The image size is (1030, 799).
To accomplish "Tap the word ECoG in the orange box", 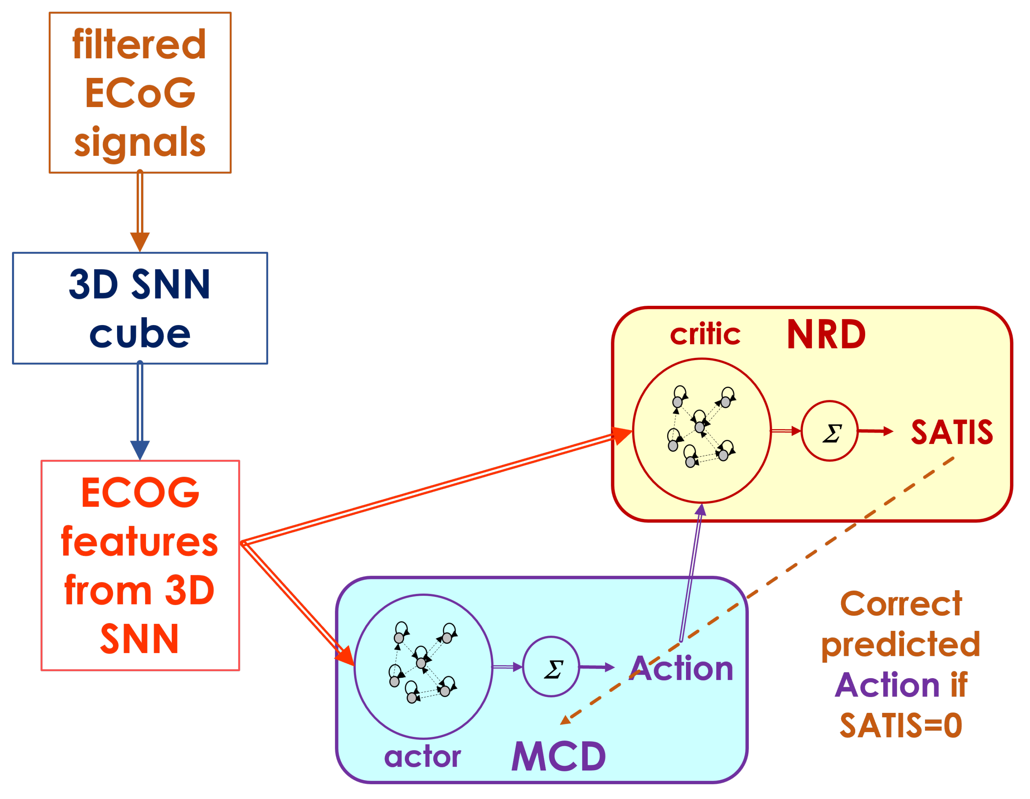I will [140, 93].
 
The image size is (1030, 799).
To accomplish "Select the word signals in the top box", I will [140, 142].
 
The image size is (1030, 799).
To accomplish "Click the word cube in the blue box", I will [140, 334].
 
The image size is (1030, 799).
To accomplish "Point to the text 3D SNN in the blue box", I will [140, 284].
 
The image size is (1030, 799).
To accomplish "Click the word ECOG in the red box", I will [140, 493].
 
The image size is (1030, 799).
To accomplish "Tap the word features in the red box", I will [140, 542].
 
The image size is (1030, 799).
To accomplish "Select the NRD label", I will [826, 335].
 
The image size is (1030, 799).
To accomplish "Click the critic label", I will [705, 334].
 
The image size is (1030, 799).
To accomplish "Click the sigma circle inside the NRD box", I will [829, 431].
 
